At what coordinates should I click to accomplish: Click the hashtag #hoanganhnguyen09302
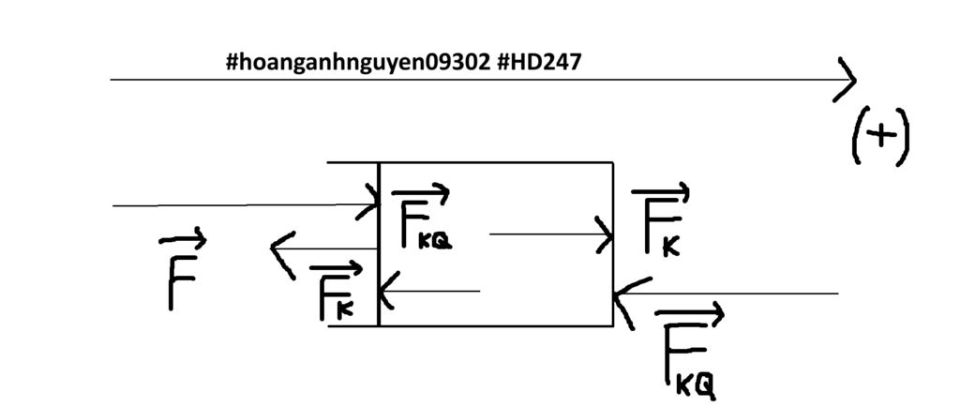tap(358, 63)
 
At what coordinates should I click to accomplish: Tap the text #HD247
tap(539, 63)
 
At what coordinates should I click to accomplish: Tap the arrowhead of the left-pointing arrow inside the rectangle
tap(385, 291)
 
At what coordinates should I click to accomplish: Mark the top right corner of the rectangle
tap(613, 163)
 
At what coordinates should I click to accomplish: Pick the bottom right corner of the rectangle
tap(613, 326)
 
